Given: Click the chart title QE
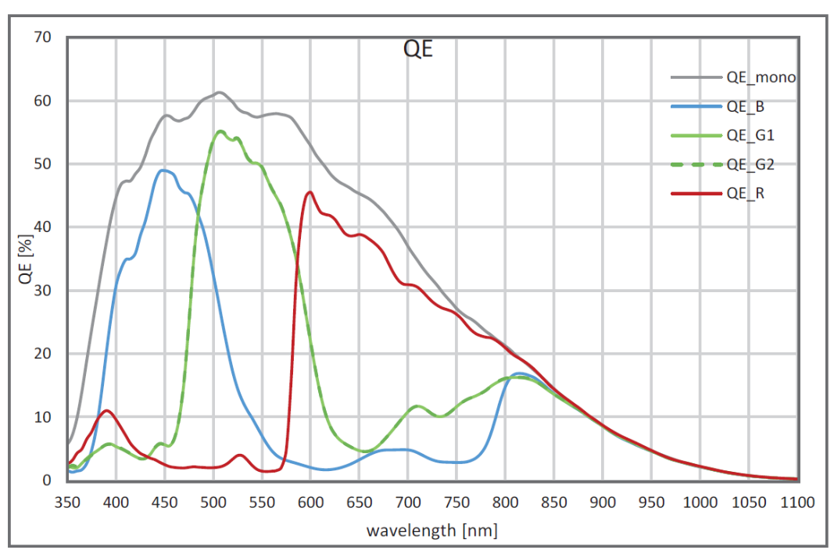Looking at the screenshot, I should pyautogui.click(x=417, y=49).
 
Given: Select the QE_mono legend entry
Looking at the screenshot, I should pyautogui.click(x=761, y=77).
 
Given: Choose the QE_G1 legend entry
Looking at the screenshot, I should pyautogui.click(x=749, y=135).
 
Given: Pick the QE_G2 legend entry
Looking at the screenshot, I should pyautogui.click(x=749, y=164).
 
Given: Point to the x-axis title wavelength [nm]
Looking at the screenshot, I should pyautogui.click(x=432, y=531).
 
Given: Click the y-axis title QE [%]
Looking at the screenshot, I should pyautogui.click(x=27, y=259).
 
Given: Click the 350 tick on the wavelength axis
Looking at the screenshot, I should pyautogui.click(x=68, y=502).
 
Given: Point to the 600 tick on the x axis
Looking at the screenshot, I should pyautogui.click(x=311, y=502).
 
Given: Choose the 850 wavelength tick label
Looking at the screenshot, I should pyautogui.click(x=554, y=502).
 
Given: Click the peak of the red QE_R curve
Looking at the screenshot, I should pyautogui.click(x=310, y=191).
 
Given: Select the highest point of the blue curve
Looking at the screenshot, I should pyautogui.click(x=163, y=170).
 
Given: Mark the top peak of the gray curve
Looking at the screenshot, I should pyautogui.click(x=220, y=92).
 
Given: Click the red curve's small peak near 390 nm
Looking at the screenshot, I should pyautogui.click(x=106, y=410).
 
